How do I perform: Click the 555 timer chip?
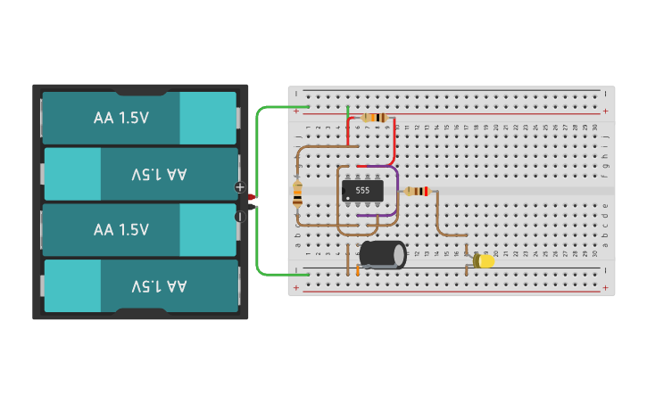point(362,190)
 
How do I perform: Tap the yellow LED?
point(485,261)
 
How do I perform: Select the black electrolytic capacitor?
point(382,253)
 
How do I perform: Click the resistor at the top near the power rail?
point(375,118)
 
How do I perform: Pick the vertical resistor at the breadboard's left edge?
point(297,194)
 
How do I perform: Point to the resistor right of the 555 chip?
point(416,191)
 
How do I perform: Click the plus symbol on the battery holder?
point(239,187)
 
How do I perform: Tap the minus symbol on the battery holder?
point(239,216)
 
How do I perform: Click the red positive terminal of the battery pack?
point(252,196)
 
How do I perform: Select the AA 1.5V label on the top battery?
point(121,118)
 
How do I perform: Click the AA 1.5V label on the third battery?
point(121,229)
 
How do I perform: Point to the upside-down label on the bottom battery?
point(159,285)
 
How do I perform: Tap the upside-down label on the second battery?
point(159,174)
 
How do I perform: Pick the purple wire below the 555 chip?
point(375,215)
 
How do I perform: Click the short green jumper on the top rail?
point(347,111)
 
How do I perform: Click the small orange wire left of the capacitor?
point(358,268)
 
